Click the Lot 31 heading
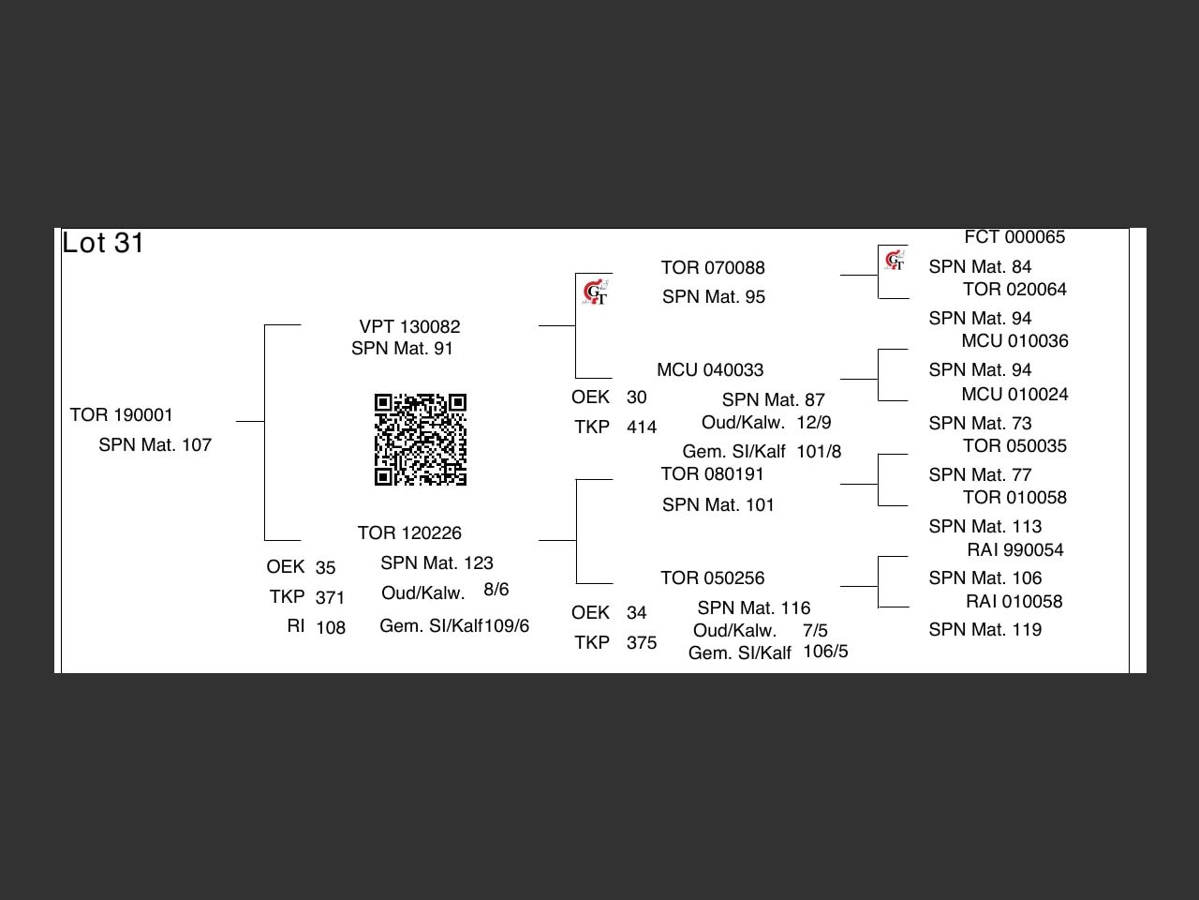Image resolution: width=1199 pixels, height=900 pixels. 103,243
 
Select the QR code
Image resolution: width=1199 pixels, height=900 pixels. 421,440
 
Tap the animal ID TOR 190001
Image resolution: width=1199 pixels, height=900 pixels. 121,414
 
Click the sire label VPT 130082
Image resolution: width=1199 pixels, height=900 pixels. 409,326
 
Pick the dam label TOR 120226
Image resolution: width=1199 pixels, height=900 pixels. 409,532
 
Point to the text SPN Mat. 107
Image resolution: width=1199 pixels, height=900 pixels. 155,444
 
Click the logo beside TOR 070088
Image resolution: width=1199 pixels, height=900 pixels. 595,293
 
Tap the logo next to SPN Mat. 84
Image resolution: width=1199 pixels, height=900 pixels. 895,260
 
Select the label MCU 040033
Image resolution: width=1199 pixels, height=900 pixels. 709,369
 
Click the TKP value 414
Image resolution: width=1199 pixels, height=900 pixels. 642,427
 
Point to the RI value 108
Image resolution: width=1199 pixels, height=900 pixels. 330,627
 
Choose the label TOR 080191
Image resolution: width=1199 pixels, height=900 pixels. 712,473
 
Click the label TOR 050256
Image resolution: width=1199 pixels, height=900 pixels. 712,577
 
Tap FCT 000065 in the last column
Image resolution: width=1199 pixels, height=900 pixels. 1014,237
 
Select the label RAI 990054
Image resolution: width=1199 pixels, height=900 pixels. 1014,549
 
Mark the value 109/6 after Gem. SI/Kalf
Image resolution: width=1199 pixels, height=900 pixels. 507,625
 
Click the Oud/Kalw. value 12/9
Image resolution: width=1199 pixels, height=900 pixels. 813,422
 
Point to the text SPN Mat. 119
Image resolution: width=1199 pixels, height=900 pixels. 984,629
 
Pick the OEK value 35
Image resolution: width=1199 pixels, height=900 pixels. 325,567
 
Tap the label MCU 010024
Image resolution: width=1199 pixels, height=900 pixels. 1014,394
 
